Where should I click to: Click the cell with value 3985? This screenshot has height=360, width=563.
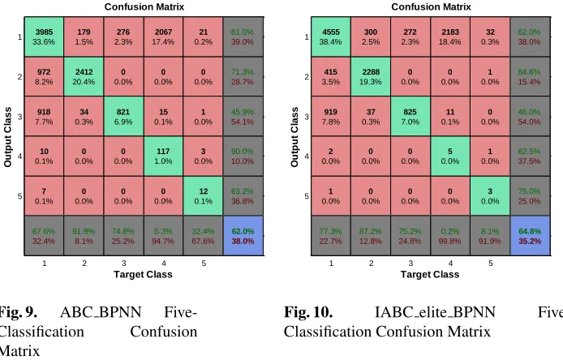click(x=44, y=36)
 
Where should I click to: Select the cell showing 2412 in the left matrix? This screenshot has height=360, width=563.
click(x=84, y=76)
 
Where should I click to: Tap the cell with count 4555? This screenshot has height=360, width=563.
click(x=331, y=36)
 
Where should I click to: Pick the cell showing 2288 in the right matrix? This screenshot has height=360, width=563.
click(x=371, y=76)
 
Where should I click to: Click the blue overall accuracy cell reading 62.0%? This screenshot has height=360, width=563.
click(x=243, y=236)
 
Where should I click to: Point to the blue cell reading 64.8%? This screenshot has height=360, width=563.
click(x=530, y=236)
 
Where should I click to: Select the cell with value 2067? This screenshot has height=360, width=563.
click(x=163, y=36)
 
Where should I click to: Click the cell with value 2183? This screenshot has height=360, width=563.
click(x=450, y=36)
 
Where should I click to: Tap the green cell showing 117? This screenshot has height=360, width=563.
click(x=163, y=156)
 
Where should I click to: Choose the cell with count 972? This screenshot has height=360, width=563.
click(x=44, y=76)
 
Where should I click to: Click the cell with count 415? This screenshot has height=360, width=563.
click(x=331, y=76)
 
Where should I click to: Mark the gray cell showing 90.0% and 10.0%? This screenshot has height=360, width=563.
click(x=243, y=156)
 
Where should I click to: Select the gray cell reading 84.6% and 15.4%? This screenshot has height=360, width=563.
click(x=530, y=76)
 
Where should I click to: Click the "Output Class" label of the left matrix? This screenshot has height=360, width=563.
click(x=7, y=137)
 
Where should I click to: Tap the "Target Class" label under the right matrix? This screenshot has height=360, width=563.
click(x=430, y=275)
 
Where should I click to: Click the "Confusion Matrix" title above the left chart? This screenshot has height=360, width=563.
click(x=144, y=6)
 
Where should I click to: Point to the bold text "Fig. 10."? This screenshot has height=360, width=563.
click(x=308, y=312)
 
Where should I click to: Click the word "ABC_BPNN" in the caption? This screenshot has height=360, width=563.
click(x=101, y=312)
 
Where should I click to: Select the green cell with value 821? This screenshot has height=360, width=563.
click(x=123, y=116)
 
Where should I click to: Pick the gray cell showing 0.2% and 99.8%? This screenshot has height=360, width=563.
click(x=450, y=236)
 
